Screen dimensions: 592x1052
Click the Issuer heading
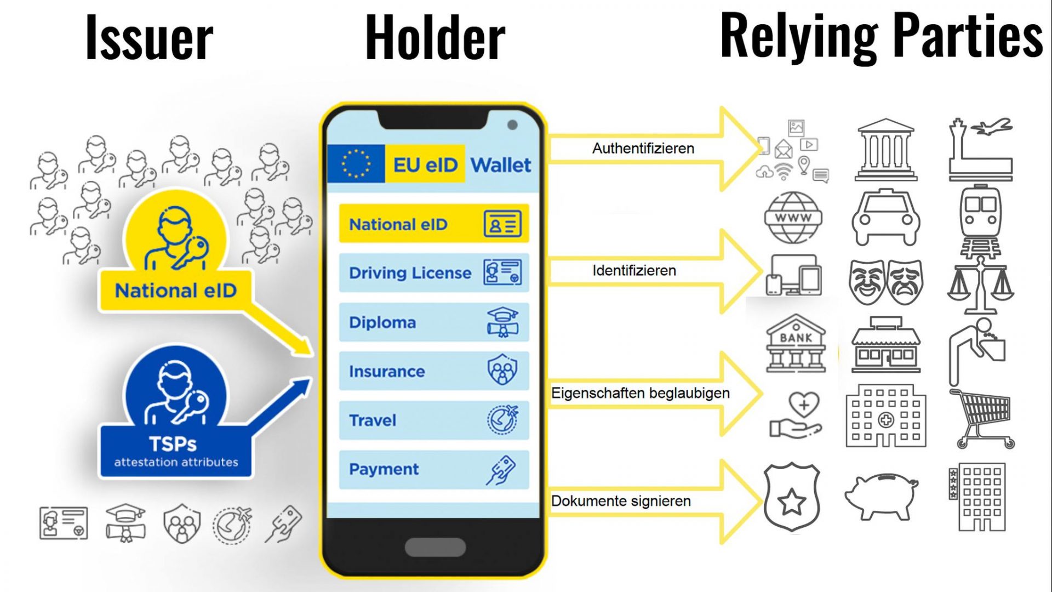(149, 38)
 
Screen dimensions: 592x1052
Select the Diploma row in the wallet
(433, 322)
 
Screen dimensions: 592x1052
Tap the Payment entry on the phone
(433, 470)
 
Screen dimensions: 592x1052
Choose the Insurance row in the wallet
(433, 371)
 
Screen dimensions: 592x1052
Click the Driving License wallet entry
(433, 272)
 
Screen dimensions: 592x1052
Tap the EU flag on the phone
(356, 163)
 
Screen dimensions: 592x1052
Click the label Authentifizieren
(643, 149)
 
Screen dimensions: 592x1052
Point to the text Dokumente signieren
(621, 501)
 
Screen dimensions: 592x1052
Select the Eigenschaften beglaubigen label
(640, 393)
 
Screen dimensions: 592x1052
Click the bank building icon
(796, 344)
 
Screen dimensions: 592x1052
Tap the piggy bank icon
(881, 496)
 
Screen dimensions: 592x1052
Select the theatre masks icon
(885, 282)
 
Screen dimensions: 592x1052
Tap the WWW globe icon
(793, 218)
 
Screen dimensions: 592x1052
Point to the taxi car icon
(885, 218)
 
